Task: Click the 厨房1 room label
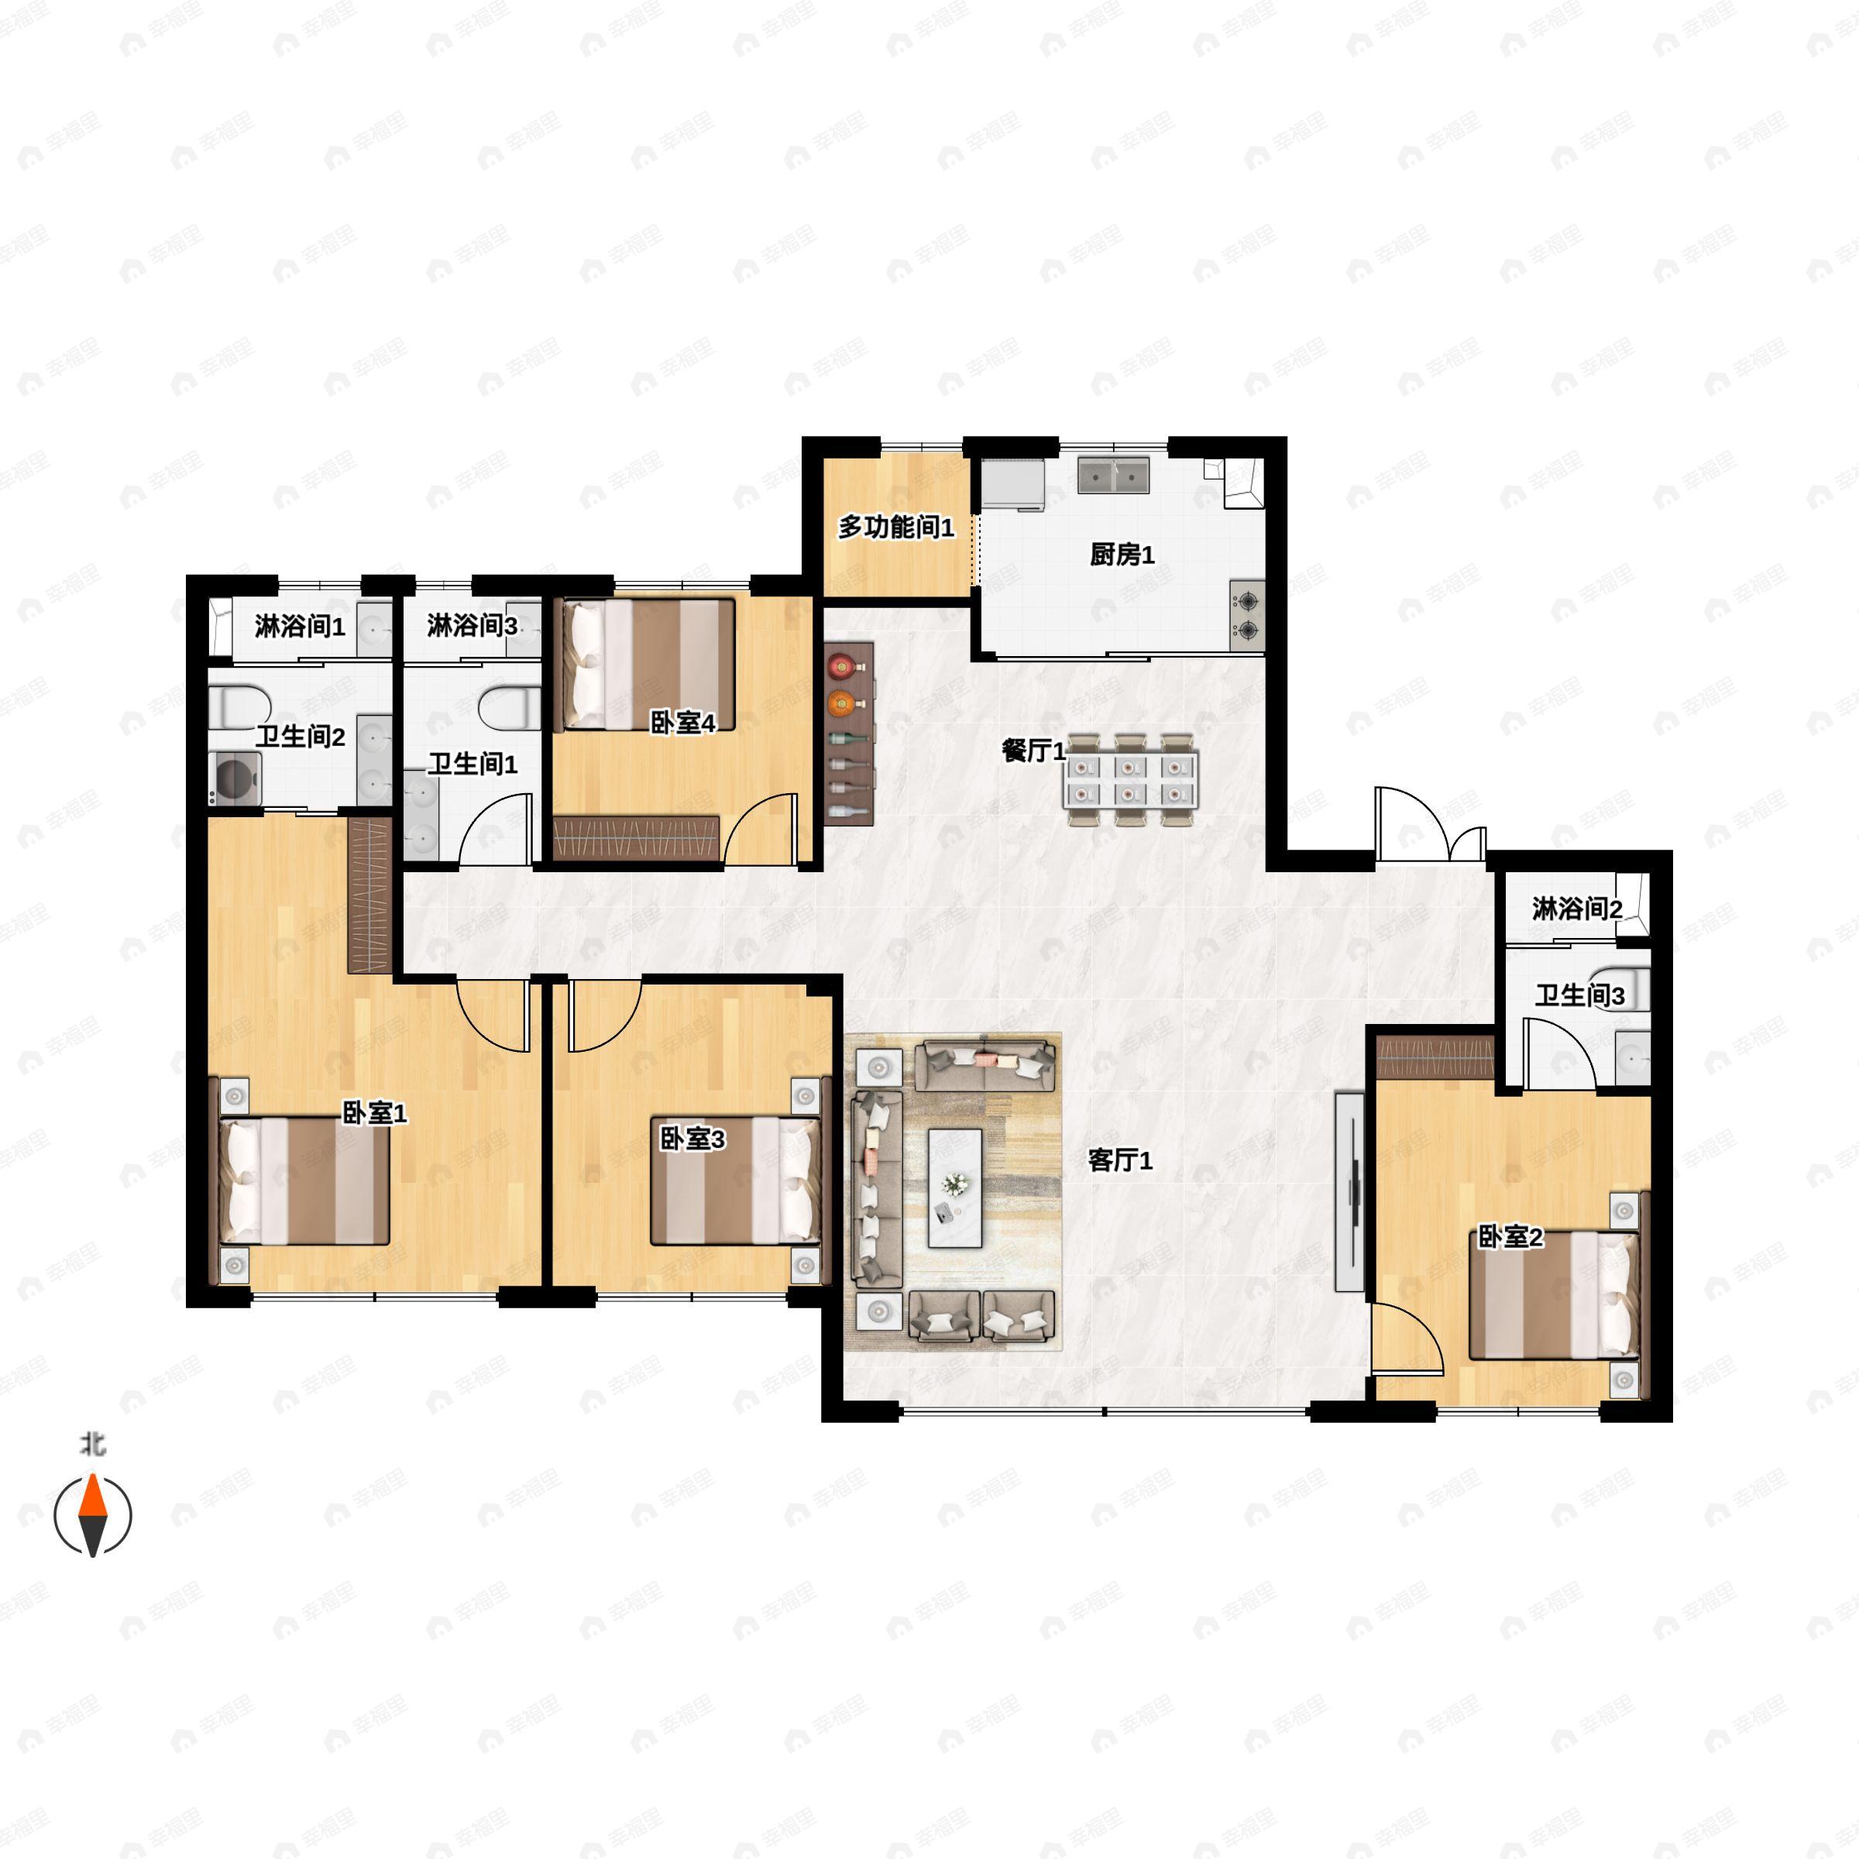pyautogui.click(x=1121, y=555)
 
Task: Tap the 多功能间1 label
pyautogui.click(x=896, y=527)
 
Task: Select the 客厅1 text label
pyautogui.click(x=1120, y=1160)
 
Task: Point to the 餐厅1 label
pyautogui.click(x=1033, y=751)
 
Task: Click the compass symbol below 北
pyautogui.click(x=92, y=1516)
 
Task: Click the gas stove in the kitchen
pyautogui.click(x=1248, y=616)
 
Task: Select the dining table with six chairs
pyautogui.click(x=1131, y=780)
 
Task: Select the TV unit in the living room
pyautogui.click(x=1349, y=1191)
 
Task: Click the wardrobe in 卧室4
pyautogui.click(x=636, y=838)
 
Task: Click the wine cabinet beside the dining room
pyautogui.click(x=849, y=734)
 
